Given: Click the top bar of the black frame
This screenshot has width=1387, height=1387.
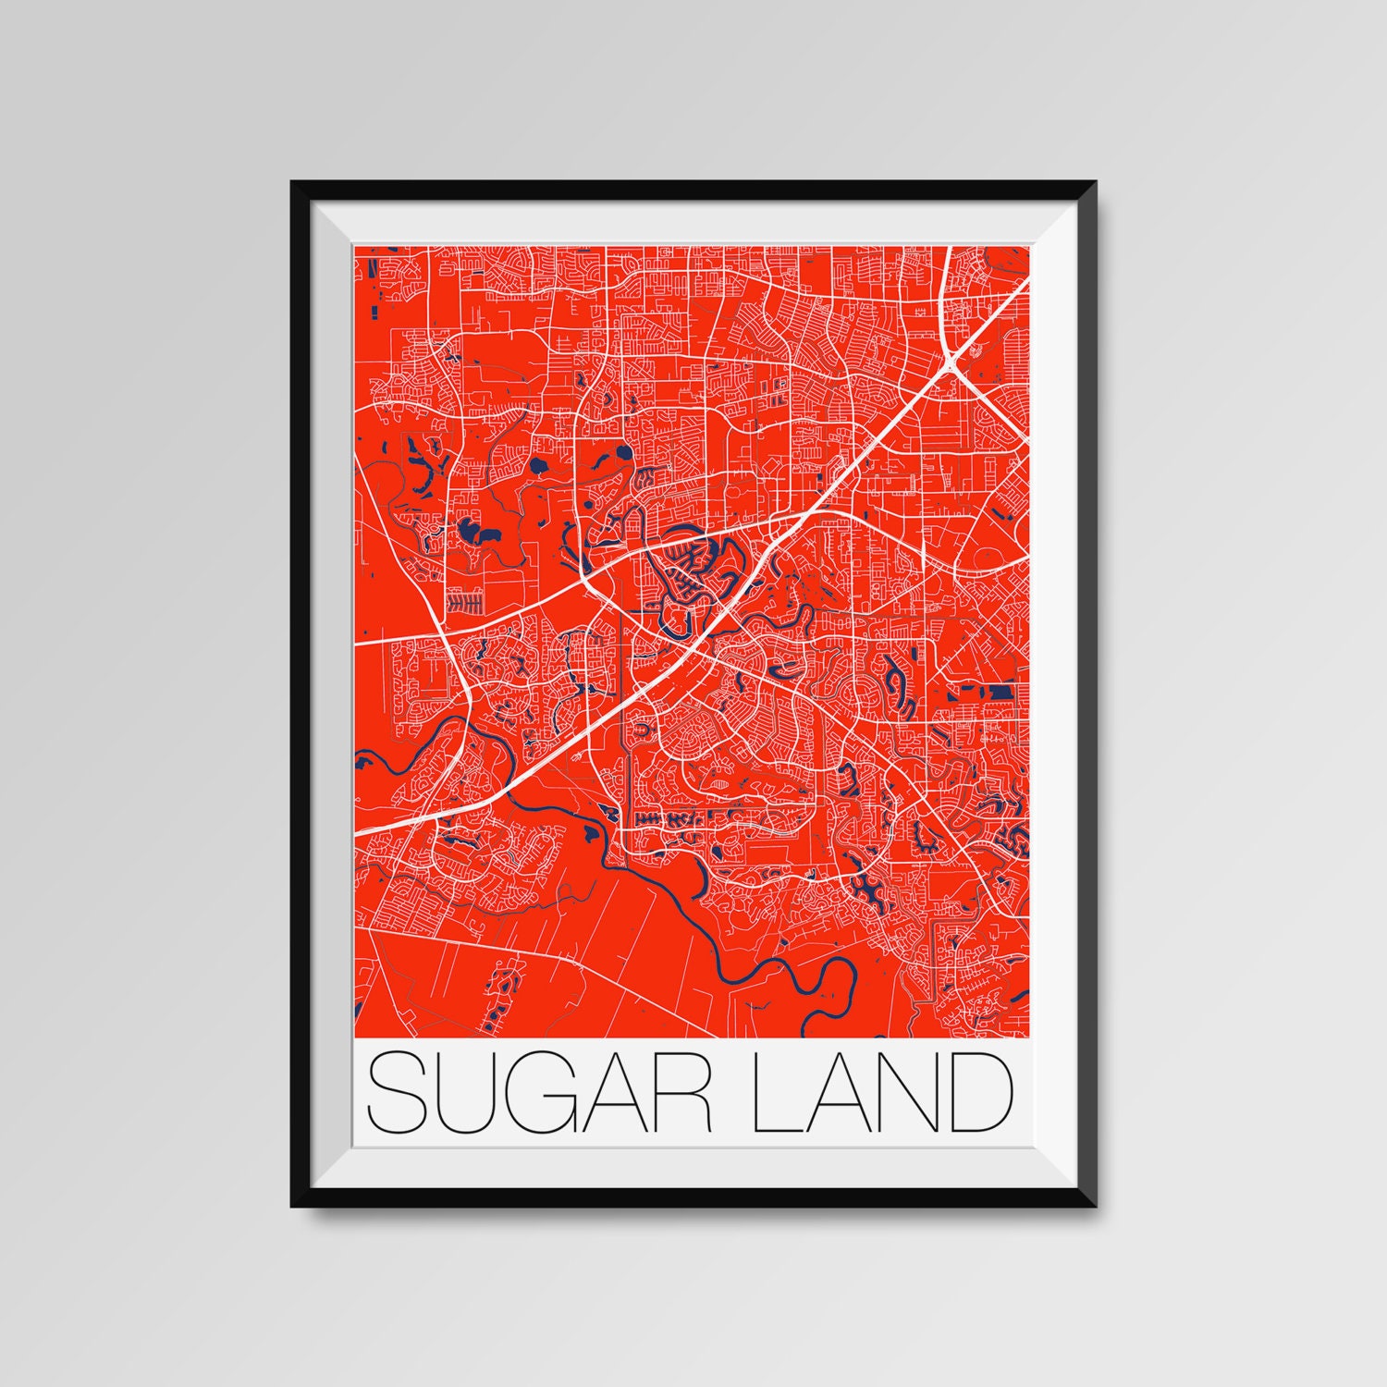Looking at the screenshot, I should pyautogui.click(x=693, y=190).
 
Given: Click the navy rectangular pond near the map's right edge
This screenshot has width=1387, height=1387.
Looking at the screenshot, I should pyautogui.click(x=1000, y=691).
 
